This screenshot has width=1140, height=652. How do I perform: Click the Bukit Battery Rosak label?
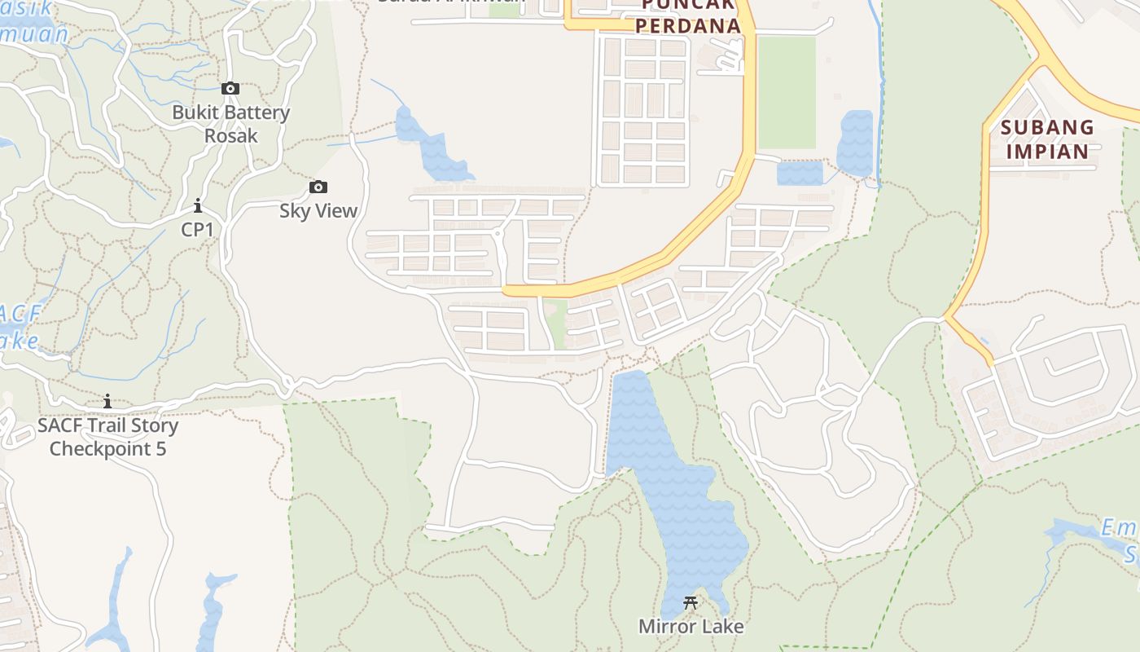click(230, 123)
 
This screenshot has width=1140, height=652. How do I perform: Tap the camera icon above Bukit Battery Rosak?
click(230, 88)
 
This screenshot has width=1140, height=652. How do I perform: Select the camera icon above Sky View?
click(318, 187)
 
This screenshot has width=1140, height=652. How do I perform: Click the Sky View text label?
click(318, 211)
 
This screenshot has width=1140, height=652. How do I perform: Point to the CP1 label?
click(197, 230)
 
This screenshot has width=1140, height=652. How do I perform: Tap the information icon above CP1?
click(197, 205)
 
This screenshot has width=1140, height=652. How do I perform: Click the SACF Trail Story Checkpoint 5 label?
click(107, 437)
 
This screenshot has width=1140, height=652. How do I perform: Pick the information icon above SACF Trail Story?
click(107, 401)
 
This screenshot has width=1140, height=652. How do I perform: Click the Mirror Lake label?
click(691, 627)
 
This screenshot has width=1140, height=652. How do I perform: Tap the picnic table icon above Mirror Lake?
click(691, 604)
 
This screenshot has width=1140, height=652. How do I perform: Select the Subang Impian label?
click(1047, 139)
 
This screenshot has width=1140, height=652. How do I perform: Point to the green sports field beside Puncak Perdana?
click(787, 92)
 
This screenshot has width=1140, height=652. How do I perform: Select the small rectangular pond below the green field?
click(800, 173)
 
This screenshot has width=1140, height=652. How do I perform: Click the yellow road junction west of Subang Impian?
click(945, 316)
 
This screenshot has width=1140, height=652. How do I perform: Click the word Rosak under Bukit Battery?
click(230, 135)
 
